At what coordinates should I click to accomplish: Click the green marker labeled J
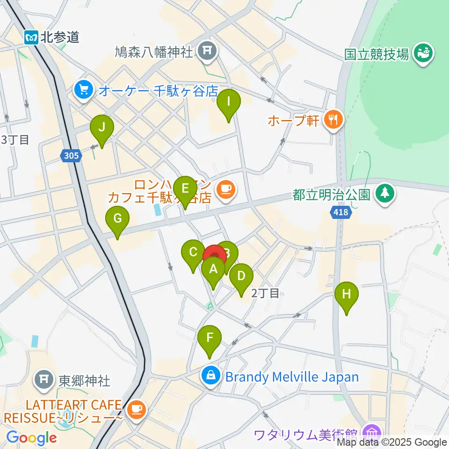tap(101, 127)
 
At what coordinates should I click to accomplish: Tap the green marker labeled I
tap(229, 102)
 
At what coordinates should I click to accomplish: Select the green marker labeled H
tap(347, 295)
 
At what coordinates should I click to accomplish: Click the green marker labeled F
tap(210, 338)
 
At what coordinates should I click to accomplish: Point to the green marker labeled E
tap(185, 189)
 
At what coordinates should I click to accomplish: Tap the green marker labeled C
tap(193, 254)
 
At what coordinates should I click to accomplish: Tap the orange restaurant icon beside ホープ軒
tap(333, 120)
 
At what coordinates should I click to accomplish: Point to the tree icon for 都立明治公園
tap(385, 193)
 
